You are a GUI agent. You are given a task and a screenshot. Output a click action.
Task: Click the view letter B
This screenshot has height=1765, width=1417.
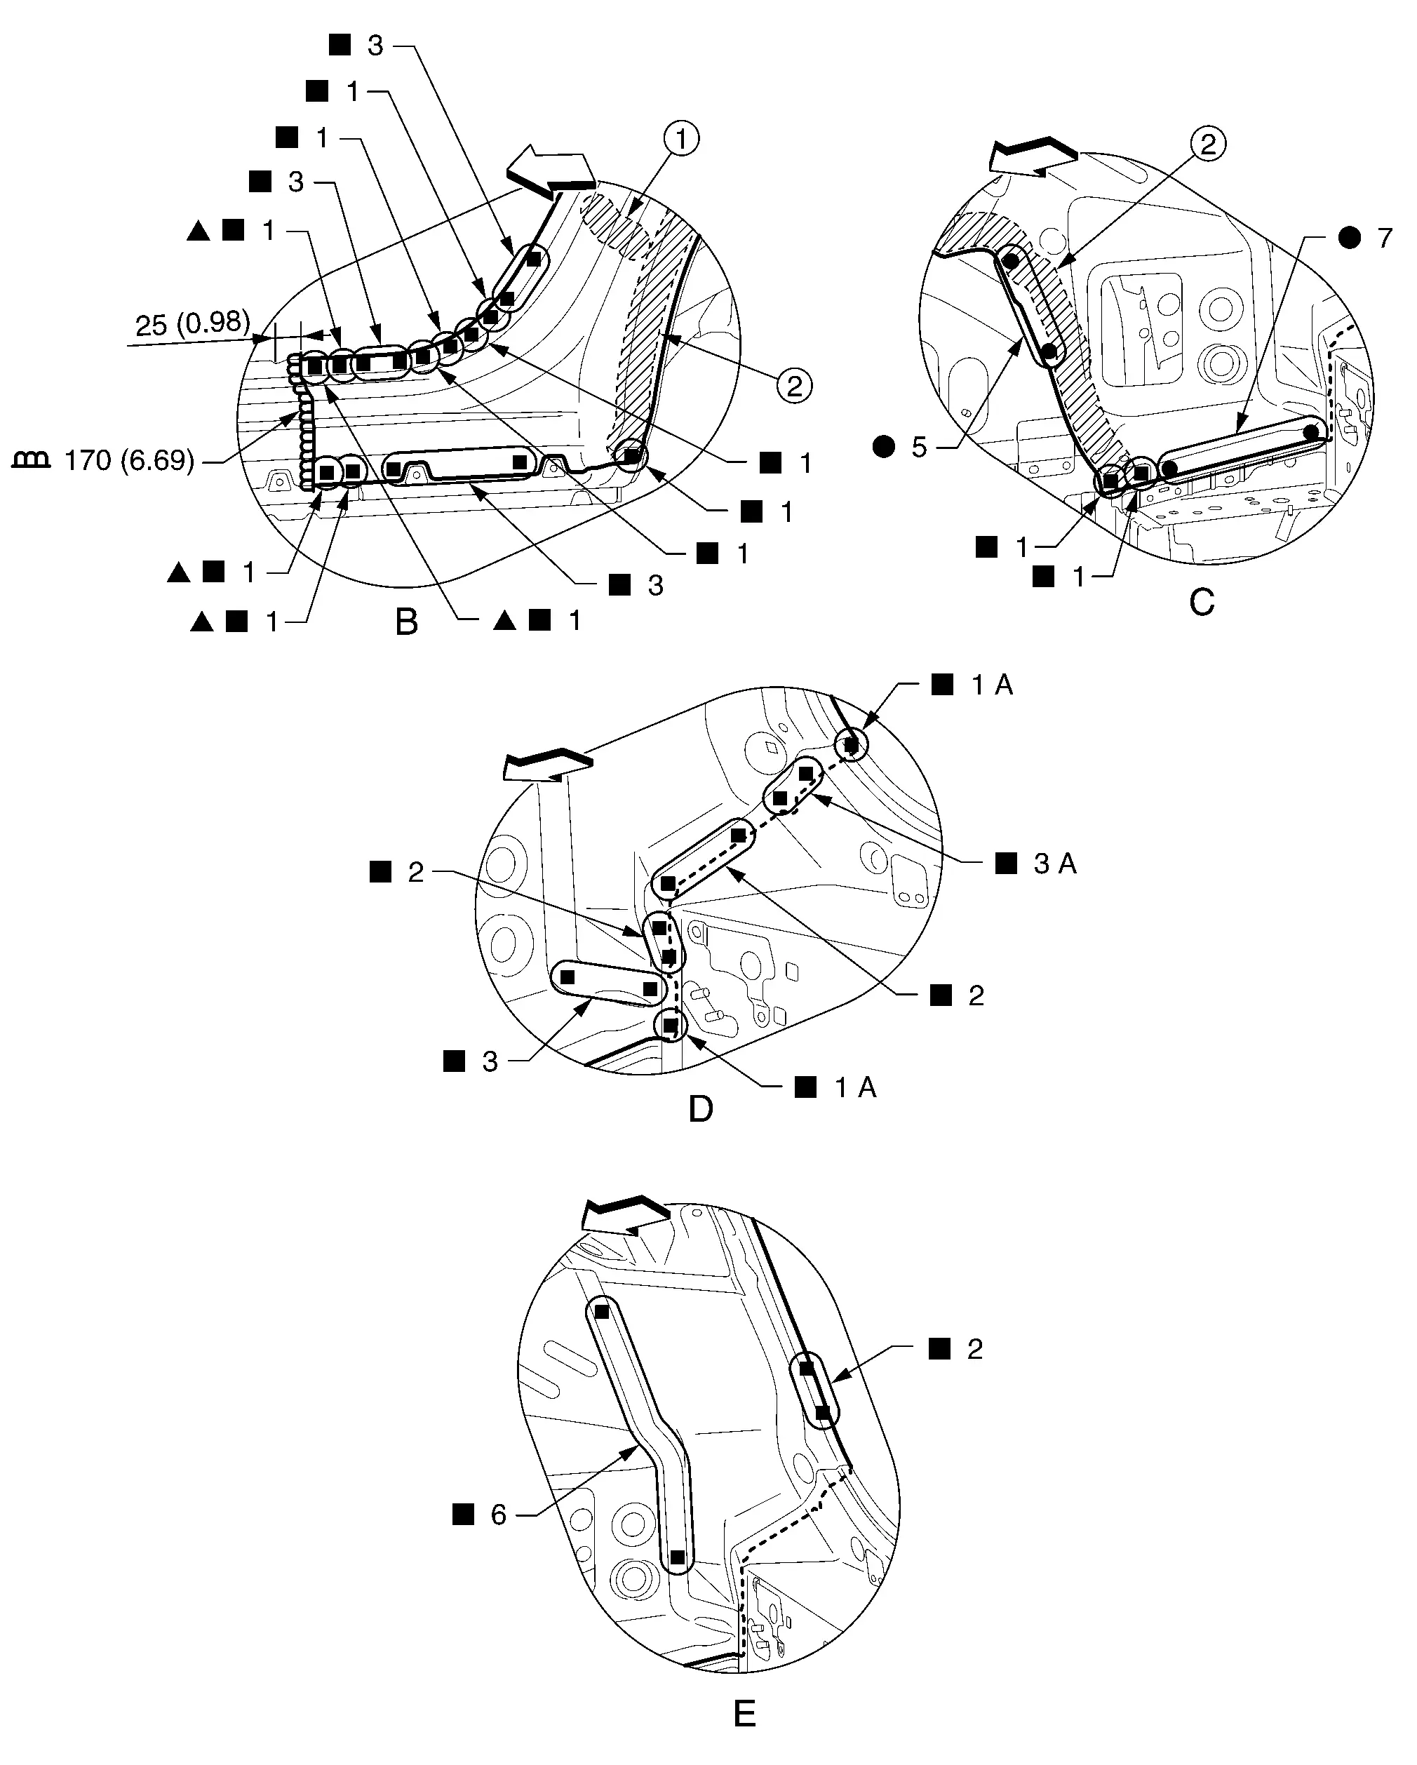[x=407, y=622]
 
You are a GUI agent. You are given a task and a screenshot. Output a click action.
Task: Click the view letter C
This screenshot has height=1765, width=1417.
[x=1202, y=603]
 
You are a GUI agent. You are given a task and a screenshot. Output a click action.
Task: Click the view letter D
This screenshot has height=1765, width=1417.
[x=701, y=1109]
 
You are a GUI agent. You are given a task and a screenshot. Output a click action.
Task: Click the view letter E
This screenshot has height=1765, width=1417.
[x=744, y=1710]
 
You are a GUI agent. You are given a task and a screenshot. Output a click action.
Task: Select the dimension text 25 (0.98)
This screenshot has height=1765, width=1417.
[x=192, y=324]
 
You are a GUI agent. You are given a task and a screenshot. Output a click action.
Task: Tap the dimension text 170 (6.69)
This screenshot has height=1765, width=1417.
[x=129, y=461]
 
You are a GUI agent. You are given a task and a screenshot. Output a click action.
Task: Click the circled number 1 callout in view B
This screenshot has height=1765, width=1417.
[x=682, y=138]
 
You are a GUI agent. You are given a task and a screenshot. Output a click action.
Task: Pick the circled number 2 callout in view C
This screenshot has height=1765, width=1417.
[x=1208, y=145]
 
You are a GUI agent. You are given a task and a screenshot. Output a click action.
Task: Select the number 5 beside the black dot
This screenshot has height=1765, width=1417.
[x=919, y=448]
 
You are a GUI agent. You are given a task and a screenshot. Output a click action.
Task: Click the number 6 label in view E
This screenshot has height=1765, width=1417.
[x=499, y=1515]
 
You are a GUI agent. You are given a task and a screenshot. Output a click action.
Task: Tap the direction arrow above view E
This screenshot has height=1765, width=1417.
[x=626, y=1217]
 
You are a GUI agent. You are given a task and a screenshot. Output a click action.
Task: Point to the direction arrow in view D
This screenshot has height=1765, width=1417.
[x=547, y=766]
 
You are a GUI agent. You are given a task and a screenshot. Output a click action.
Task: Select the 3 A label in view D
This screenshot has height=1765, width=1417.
[x=1055, y=864]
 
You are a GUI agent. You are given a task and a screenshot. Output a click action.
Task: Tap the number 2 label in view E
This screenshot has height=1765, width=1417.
[x=974, y=1350]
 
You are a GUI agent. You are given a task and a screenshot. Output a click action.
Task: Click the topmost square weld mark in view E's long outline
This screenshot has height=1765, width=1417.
[x=602, y=1311]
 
